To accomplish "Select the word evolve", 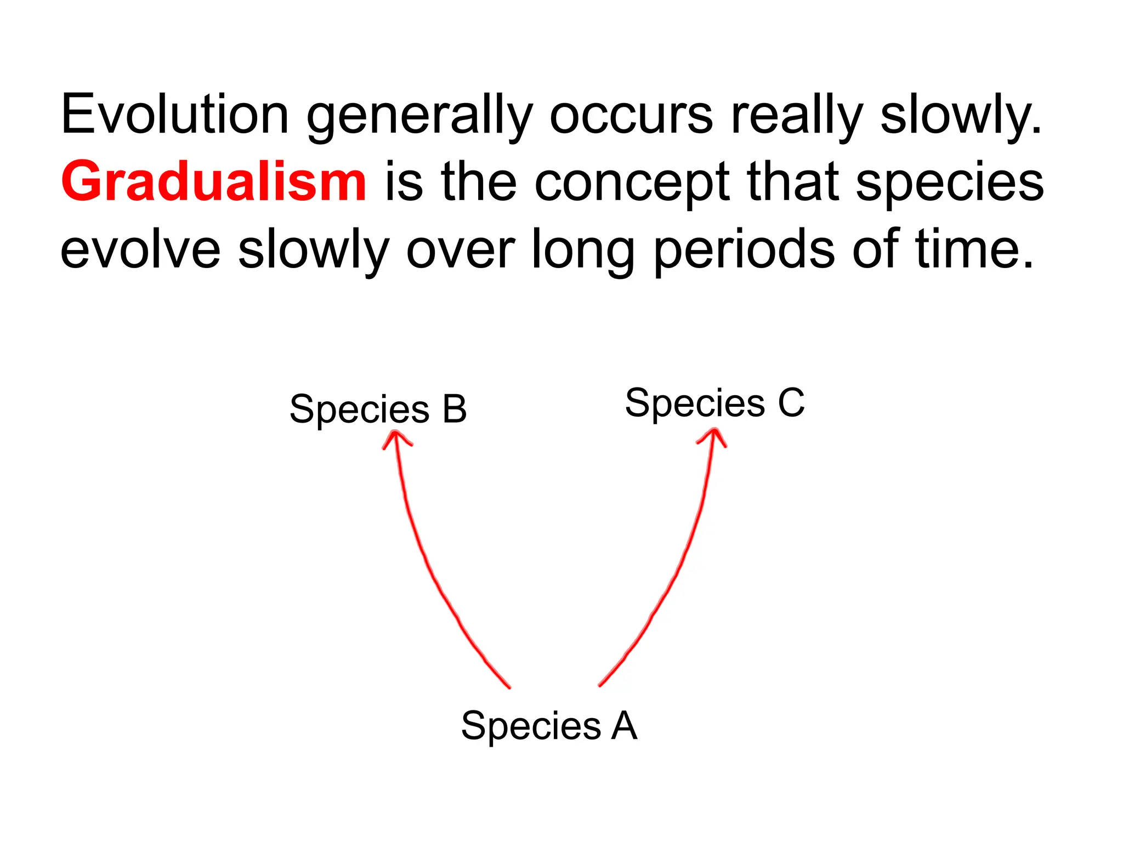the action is click(140, 250).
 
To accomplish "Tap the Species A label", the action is click(549, 726).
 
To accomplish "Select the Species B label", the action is click(378, 409).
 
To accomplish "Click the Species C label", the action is click(714, 403).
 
